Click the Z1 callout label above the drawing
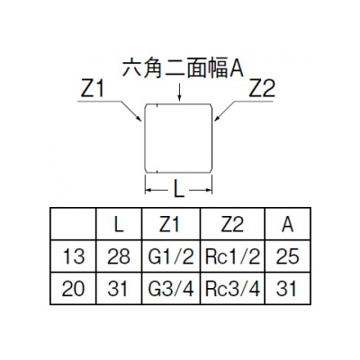click(x=92, y=89)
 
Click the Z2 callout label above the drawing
click(x=262, y=89)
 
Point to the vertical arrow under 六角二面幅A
click(x=179, y=92)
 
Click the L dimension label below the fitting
click(x=179, y=190)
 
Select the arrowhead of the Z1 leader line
click(x=139, y=119)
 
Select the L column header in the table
click(x=119, y=224)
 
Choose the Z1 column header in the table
click(x=169, y=224)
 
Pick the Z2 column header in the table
click(x=232, y=224)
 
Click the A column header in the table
click(x=287, y=224)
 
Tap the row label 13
click(x=74, y=256)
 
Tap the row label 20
click(x=74, y=289)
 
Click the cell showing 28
click(x=119, y=256)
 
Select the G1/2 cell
click(x=171, y=256)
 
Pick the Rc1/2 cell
click(x=232, y=256)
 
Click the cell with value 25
click(x=288, y=256)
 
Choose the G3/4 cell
click(x=171, y=289)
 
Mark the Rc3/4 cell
click(x=232, y=289)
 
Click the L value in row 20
click(x=118, y=289)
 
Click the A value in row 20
click(x=286, y=289)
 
